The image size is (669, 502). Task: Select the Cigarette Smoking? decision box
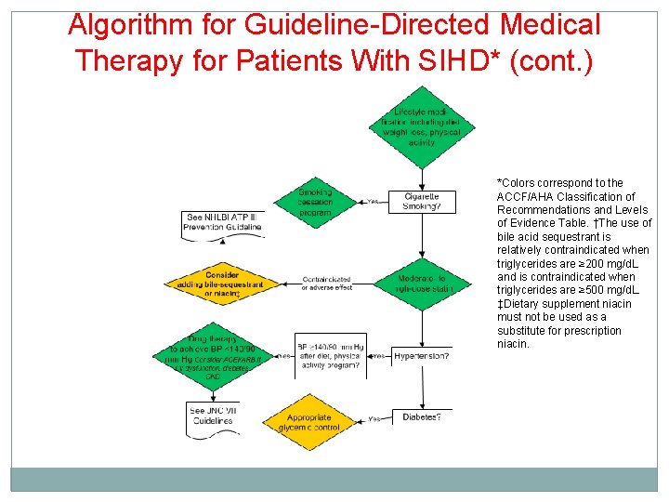coord(422,201)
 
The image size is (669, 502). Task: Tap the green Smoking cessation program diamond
coord(315,202)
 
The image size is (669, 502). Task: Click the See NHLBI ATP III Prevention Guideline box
coord(222,221)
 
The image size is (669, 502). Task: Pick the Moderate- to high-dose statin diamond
coord(422,284)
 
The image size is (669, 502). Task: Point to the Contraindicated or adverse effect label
coord(326,284)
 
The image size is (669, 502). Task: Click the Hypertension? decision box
coord(422,356)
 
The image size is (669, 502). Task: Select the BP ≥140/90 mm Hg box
coord(330,356)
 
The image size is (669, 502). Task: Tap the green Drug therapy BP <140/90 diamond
coord(214,356)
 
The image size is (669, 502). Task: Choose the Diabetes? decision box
coord(422,417)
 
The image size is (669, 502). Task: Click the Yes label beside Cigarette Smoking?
coord(374,202)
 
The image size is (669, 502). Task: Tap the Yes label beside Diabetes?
coord(374,418)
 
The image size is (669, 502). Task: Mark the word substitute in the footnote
coord(525,331)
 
